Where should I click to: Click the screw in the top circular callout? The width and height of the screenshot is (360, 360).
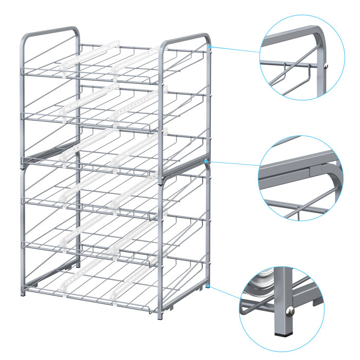pyautogui.click(x=328, y=64)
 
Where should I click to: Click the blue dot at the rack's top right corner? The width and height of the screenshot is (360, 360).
pyautogui.click(x=211, y=46)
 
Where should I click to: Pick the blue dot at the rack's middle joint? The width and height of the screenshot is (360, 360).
pyautogui.click(x=205, y=161)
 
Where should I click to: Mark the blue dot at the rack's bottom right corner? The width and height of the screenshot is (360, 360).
pyautogui.click(x=208, y=284)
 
